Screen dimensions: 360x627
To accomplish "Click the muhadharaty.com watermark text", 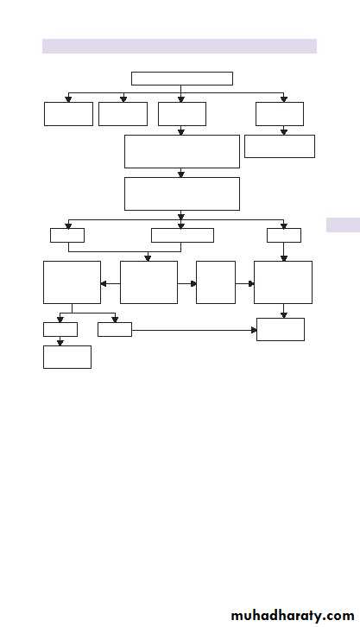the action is coord(293,616).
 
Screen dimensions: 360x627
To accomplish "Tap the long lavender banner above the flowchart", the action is coord(180,46).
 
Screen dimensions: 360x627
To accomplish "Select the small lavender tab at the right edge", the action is coord(343,225).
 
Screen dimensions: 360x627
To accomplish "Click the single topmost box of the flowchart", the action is coord(182,79).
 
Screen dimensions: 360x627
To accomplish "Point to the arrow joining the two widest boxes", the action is coord(181,173).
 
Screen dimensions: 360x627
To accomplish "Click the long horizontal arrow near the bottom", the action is coord(194,330).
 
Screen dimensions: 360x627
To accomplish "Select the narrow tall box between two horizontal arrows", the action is coord(216,282).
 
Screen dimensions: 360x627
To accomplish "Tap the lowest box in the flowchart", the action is coord(67,357).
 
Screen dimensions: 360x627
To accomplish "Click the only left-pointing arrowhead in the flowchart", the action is coord(103,283).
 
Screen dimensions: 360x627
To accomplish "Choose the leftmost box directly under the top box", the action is coord(68,114).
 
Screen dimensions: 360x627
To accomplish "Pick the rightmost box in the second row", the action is coord(280,114).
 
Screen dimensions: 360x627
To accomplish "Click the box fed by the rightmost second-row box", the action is coord(280,146).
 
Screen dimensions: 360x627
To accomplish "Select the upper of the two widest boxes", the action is coord(182,151).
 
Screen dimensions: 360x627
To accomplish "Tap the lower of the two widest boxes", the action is coord(182,194).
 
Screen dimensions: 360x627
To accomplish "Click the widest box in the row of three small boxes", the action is coord(182,235).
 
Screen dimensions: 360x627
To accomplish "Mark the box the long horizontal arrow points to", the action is coord(281,330).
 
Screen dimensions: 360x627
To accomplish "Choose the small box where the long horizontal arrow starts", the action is coord(115,330).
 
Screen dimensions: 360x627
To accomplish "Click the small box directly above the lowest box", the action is coord(60,330).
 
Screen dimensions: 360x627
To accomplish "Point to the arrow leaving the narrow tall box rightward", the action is coord(245,283).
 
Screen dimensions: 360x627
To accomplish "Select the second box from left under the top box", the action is coord(123,114).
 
